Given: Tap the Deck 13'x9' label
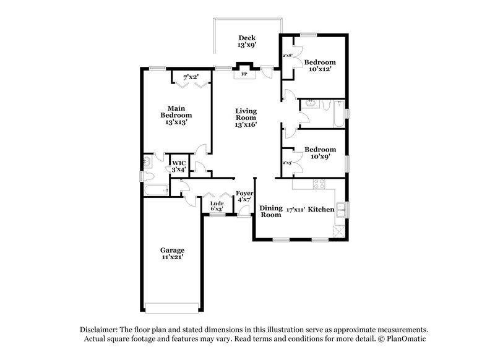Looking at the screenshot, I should coord(247,41).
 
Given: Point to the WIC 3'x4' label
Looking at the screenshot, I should coord(179,166).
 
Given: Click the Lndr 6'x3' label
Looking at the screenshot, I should coord(217,207).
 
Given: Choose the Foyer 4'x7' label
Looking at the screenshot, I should coord(244,196).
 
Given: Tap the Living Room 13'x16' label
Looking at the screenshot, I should coord(246,118).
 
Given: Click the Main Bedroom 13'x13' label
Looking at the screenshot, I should coord(176,115).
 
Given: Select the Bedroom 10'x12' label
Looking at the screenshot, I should coord(321,66).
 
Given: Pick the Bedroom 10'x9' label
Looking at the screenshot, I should coord(321,153).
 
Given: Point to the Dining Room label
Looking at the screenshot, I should coord(270,212).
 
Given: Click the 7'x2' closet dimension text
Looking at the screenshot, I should coord(191,77).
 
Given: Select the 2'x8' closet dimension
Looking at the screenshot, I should coord(287,56).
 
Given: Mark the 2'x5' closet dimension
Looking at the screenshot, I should coord(287,163).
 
